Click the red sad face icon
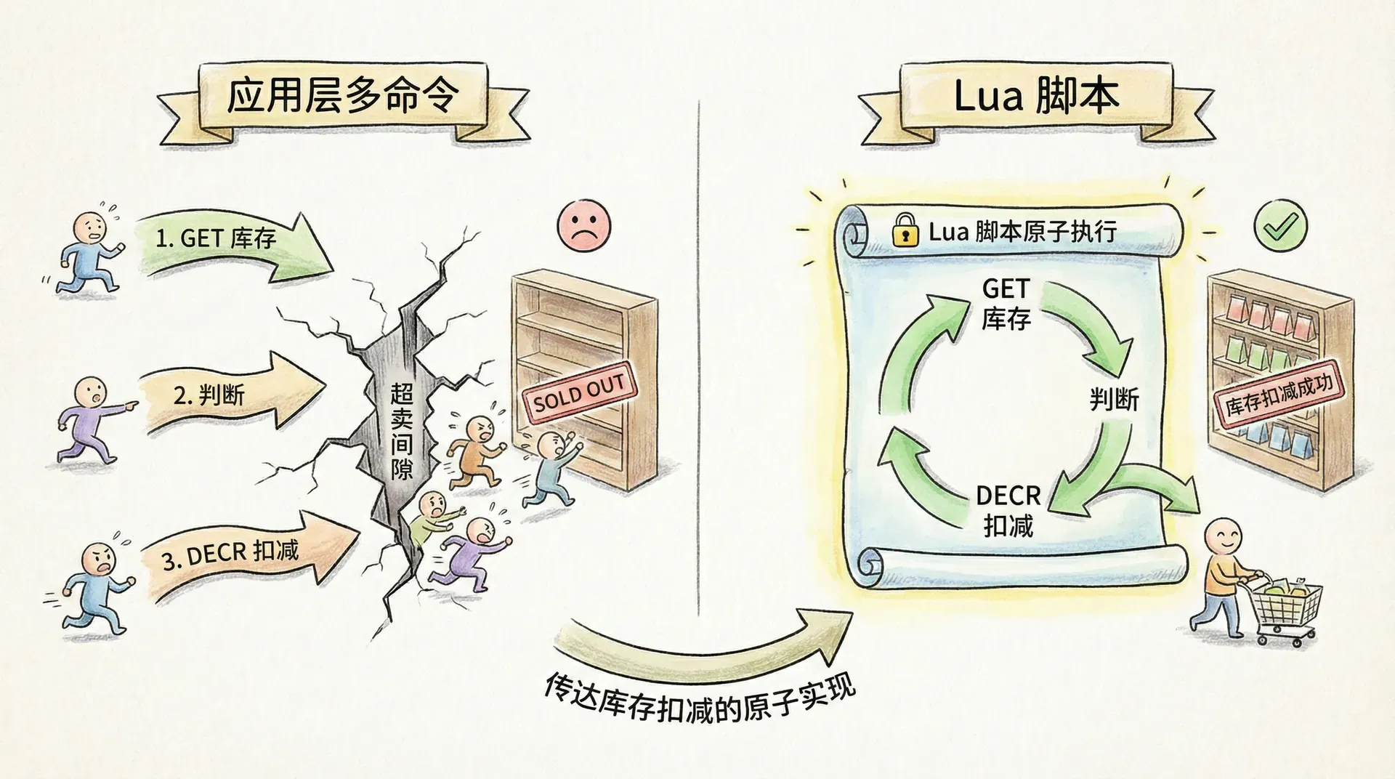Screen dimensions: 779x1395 (x=584, y=225)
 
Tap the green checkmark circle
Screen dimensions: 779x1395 (x=1280, y=226)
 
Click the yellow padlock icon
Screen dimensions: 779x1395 (x=904, y=230)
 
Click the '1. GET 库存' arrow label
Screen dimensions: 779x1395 (x=216, y=238)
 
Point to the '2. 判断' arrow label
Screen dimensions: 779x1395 (x=209, y=395)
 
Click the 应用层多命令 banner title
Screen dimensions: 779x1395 (x=344, y=96)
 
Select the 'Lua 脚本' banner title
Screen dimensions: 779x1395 (x=1036, y=97)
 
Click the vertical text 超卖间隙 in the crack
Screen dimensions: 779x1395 (x=402, y=430)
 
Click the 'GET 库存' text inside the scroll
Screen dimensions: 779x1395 (x=1006, y=303)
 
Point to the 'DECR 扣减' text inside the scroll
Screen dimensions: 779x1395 (x=1008, y=510)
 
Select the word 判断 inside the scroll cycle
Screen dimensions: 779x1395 (x=1114, y=399)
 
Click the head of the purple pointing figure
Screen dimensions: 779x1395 (x=92, y=393)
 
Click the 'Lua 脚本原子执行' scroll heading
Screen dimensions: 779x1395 (x=1022, y=232)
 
